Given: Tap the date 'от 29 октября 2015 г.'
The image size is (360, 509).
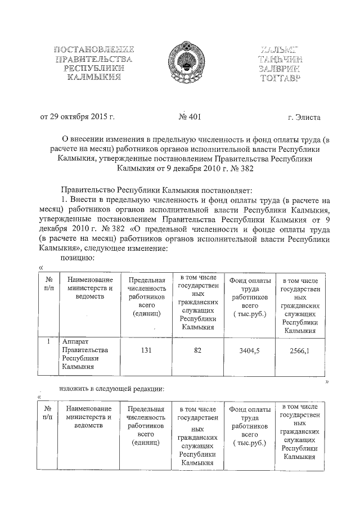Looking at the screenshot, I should (x=78, y=117).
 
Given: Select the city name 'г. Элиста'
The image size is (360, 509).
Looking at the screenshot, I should (x=303, y=118).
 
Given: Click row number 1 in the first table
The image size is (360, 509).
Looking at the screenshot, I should (x=49, y=341).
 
